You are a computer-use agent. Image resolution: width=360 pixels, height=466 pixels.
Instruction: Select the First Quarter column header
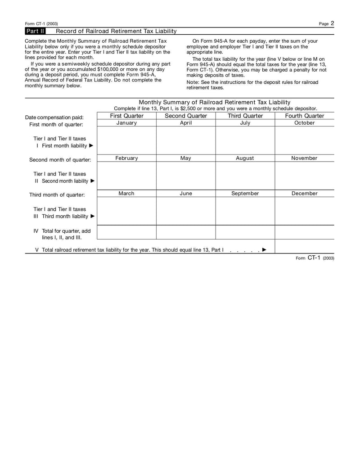(x=126, y=116)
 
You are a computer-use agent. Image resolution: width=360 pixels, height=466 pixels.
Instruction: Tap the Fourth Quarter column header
(x=304, y=116)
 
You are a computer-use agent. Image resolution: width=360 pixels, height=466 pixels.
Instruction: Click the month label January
(x=126, y=123)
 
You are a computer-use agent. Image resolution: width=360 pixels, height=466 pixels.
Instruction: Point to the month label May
(x=185, y=158)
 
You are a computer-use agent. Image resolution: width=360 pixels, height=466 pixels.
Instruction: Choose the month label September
(x=245, y=193)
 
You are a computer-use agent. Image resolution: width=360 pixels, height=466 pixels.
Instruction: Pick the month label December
(x=304, y=193)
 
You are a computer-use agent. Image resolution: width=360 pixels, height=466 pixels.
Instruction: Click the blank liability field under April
(x=185, y=140)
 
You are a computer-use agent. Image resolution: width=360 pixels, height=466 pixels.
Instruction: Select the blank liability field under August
(x=245, y=176)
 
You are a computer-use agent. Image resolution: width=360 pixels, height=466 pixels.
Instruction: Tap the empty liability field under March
(x=126, y=211)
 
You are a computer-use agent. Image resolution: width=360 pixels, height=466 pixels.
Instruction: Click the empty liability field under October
(x=304, y=140)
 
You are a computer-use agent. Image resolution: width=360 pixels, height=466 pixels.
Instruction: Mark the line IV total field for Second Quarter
(x=185, y=232)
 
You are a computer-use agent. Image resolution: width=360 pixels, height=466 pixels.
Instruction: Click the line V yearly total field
(x=304, y=246)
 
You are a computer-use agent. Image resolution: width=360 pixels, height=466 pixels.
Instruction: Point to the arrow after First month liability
(x=91, y=146)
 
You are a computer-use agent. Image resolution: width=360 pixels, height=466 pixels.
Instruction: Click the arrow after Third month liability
(x=93, y=216)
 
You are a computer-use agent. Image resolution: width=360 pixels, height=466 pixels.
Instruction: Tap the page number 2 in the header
(x=332, y=23)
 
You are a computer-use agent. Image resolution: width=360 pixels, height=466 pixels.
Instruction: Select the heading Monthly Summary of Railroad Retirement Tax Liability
(x=215, y=102)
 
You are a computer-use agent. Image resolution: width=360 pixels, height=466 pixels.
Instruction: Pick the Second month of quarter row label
(x=60, y=160)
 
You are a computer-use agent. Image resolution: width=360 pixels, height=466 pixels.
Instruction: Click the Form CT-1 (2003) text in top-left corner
(x=41, y=24)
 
